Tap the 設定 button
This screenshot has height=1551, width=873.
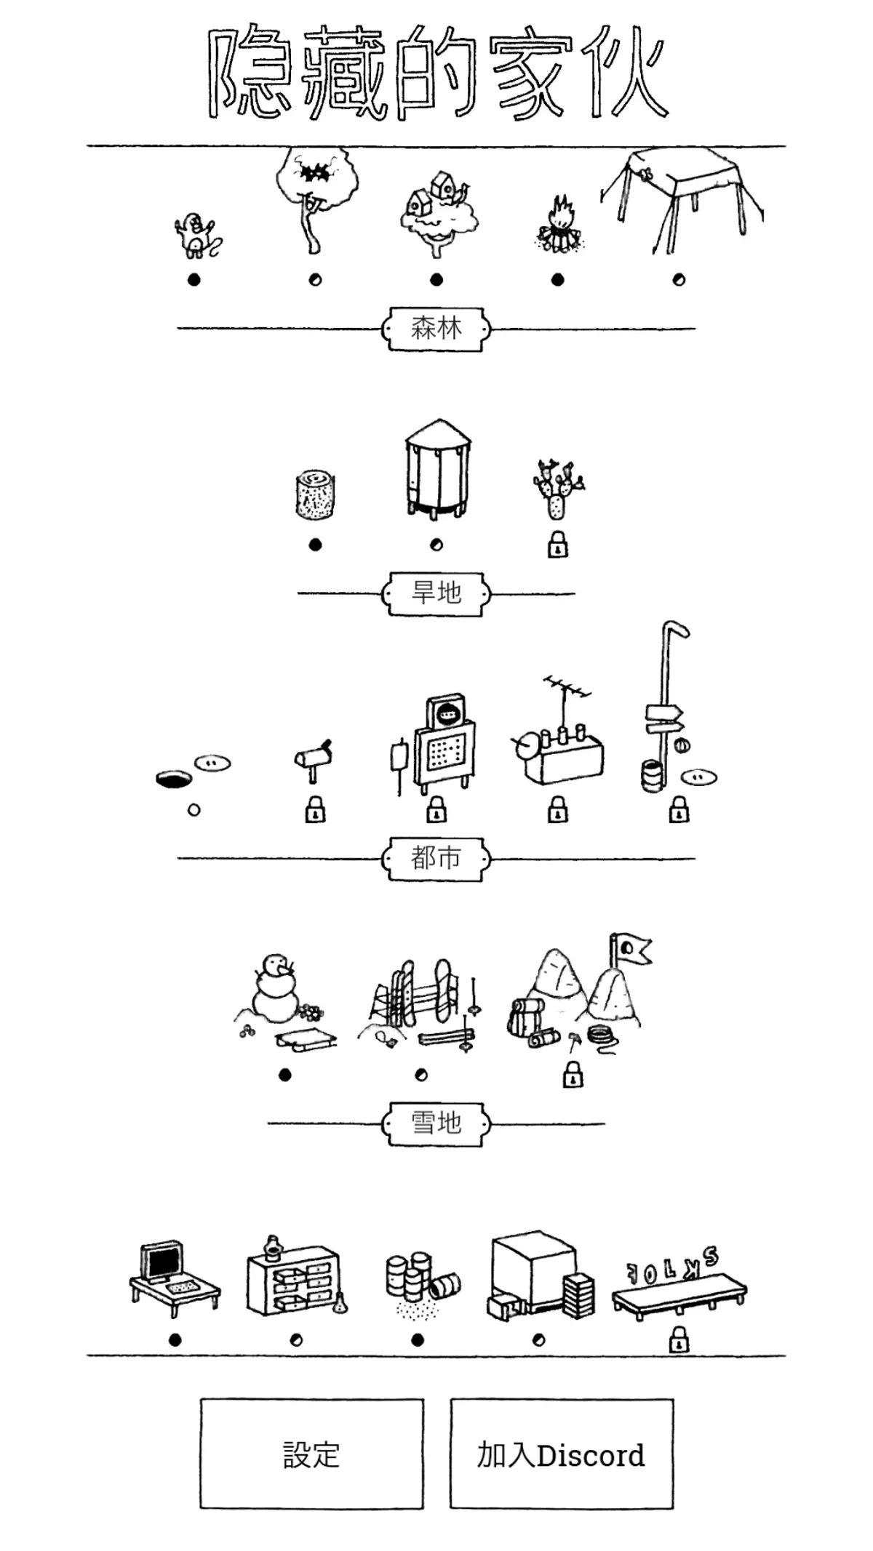[x=311, y=1454]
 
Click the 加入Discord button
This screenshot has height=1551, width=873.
[x=561, y=1454]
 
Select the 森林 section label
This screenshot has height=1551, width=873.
[x=436, y=329]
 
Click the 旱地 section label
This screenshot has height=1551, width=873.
[x=436, y=593]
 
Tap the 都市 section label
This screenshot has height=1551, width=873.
[x=436, y=858]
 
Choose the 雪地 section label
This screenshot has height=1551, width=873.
[x=436, y=1123]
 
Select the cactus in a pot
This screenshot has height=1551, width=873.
[x=558, y=489]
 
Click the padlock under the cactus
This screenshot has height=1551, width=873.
[x=558, y=545]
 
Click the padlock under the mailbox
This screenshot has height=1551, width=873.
[x=315, y=809]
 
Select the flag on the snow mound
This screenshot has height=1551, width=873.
[x=629, y=949]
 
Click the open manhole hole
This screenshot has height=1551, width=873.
[x=175, y=779]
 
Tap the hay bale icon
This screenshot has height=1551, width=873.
[x=315, y=495]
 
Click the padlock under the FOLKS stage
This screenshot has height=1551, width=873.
[x=679, y=1339]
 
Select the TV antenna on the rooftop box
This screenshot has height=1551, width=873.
[x=567, y=702]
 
